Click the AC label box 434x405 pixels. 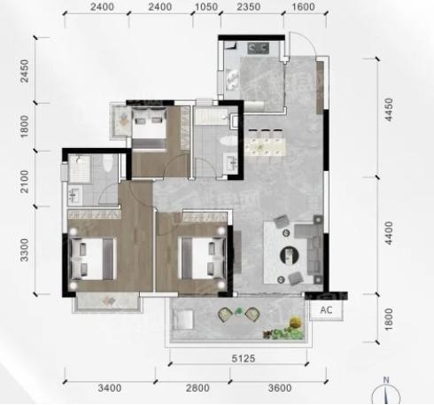[326, 310]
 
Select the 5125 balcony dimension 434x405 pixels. [243, 358]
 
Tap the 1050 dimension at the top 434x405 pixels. [206, 6]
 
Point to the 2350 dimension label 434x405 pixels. [249, 6]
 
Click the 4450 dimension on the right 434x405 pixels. [389, 110]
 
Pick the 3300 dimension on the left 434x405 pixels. [24, 250]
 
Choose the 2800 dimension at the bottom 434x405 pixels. [198, 387]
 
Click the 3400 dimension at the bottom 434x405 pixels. [109, 387]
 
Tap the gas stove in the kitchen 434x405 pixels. [258, 48]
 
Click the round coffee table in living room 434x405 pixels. [289, 255]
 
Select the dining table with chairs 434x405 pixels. [265, 143]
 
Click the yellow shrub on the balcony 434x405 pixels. [296, 322]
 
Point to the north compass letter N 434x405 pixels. [386, 380]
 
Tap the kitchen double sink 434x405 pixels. [232, 79]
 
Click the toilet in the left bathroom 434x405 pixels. [108, 162]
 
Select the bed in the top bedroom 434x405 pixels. [149, 129]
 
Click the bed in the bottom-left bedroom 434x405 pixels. [92, 259]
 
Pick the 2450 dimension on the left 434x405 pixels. [24, 71]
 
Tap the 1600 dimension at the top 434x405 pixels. [303, 6]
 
